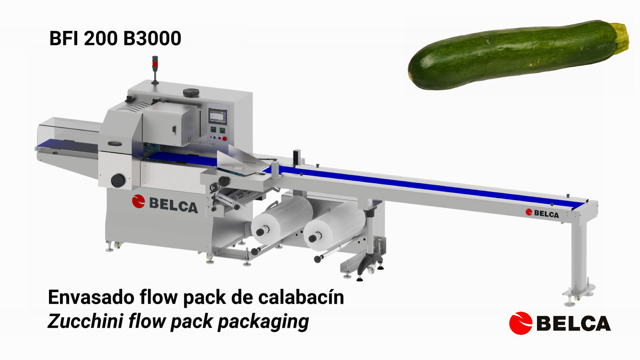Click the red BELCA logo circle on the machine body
coord(138,201)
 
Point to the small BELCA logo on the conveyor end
coord(542,213)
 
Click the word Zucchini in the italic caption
coord(85,321)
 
